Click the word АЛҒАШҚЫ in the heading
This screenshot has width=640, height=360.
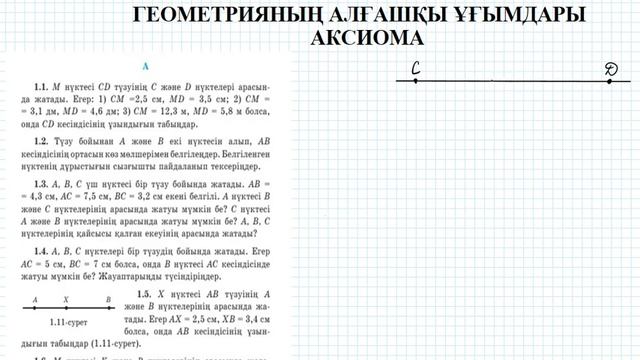coord(385,14)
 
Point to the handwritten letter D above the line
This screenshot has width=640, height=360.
coord(612,69)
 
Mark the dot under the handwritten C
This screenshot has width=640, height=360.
coord(414,81)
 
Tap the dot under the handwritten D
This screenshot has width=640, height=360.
coord(612,81)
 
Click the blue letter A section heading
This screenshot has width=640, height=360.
coord(146,67)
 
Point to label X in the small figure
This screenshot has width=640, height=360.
coord(66,299)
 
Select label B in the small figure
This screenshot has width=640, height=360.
coord(108,299)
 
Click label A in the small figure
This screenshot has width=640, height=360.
coord(34,299)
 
